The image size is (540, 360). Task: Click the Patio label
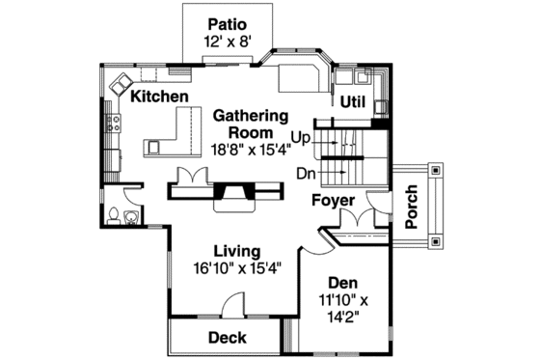point(226,23)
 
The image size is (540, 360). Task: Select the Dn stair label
point(307,174)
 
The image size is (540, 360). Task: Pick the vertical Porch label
point(411,206)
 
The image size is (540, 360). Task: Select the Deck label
point(227,338)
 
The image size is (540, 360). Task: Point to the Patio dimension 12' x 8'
point(226,42)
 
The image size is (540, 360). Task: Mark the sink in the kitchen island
point(154,148)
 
